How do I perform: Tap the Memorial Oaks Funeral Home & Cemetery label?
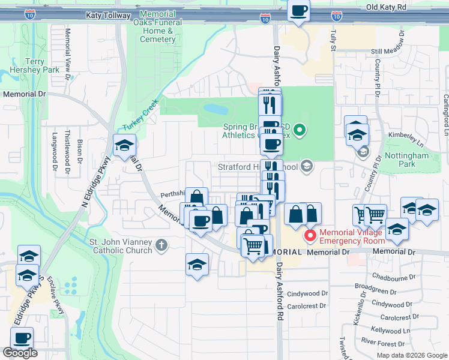pos(157,26)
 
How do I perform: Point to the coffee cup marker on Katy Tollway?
pos(298,10)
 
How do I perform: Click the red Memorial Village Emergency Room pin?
pos(310,235)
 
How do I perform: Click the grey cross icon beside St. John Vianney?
pos(161,245)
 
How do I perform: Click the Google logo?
pos(20,353)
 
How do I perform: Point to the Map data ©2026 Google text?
pos(412,355)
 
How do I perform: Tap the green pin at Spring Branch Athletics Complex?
pos(301,129)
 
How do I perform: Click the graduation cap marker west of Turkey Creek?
pos(124,145)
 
